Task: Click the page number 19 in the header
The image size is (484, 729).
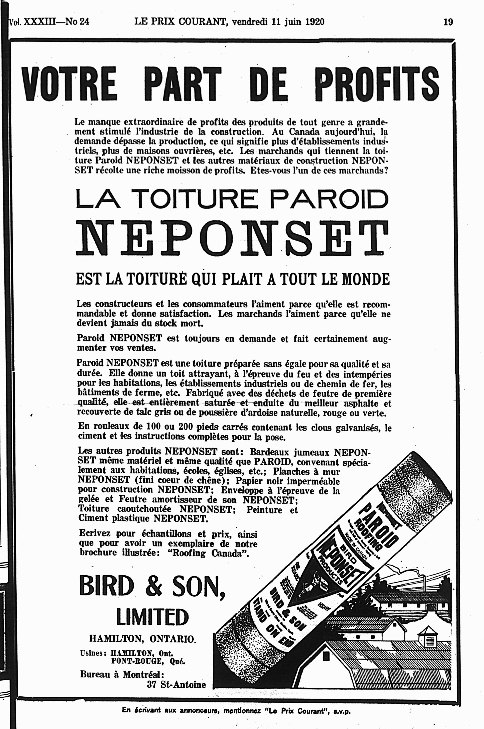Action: (448, 22)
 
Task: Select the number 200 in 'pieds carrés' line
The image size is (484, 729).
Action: (186, 427)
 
